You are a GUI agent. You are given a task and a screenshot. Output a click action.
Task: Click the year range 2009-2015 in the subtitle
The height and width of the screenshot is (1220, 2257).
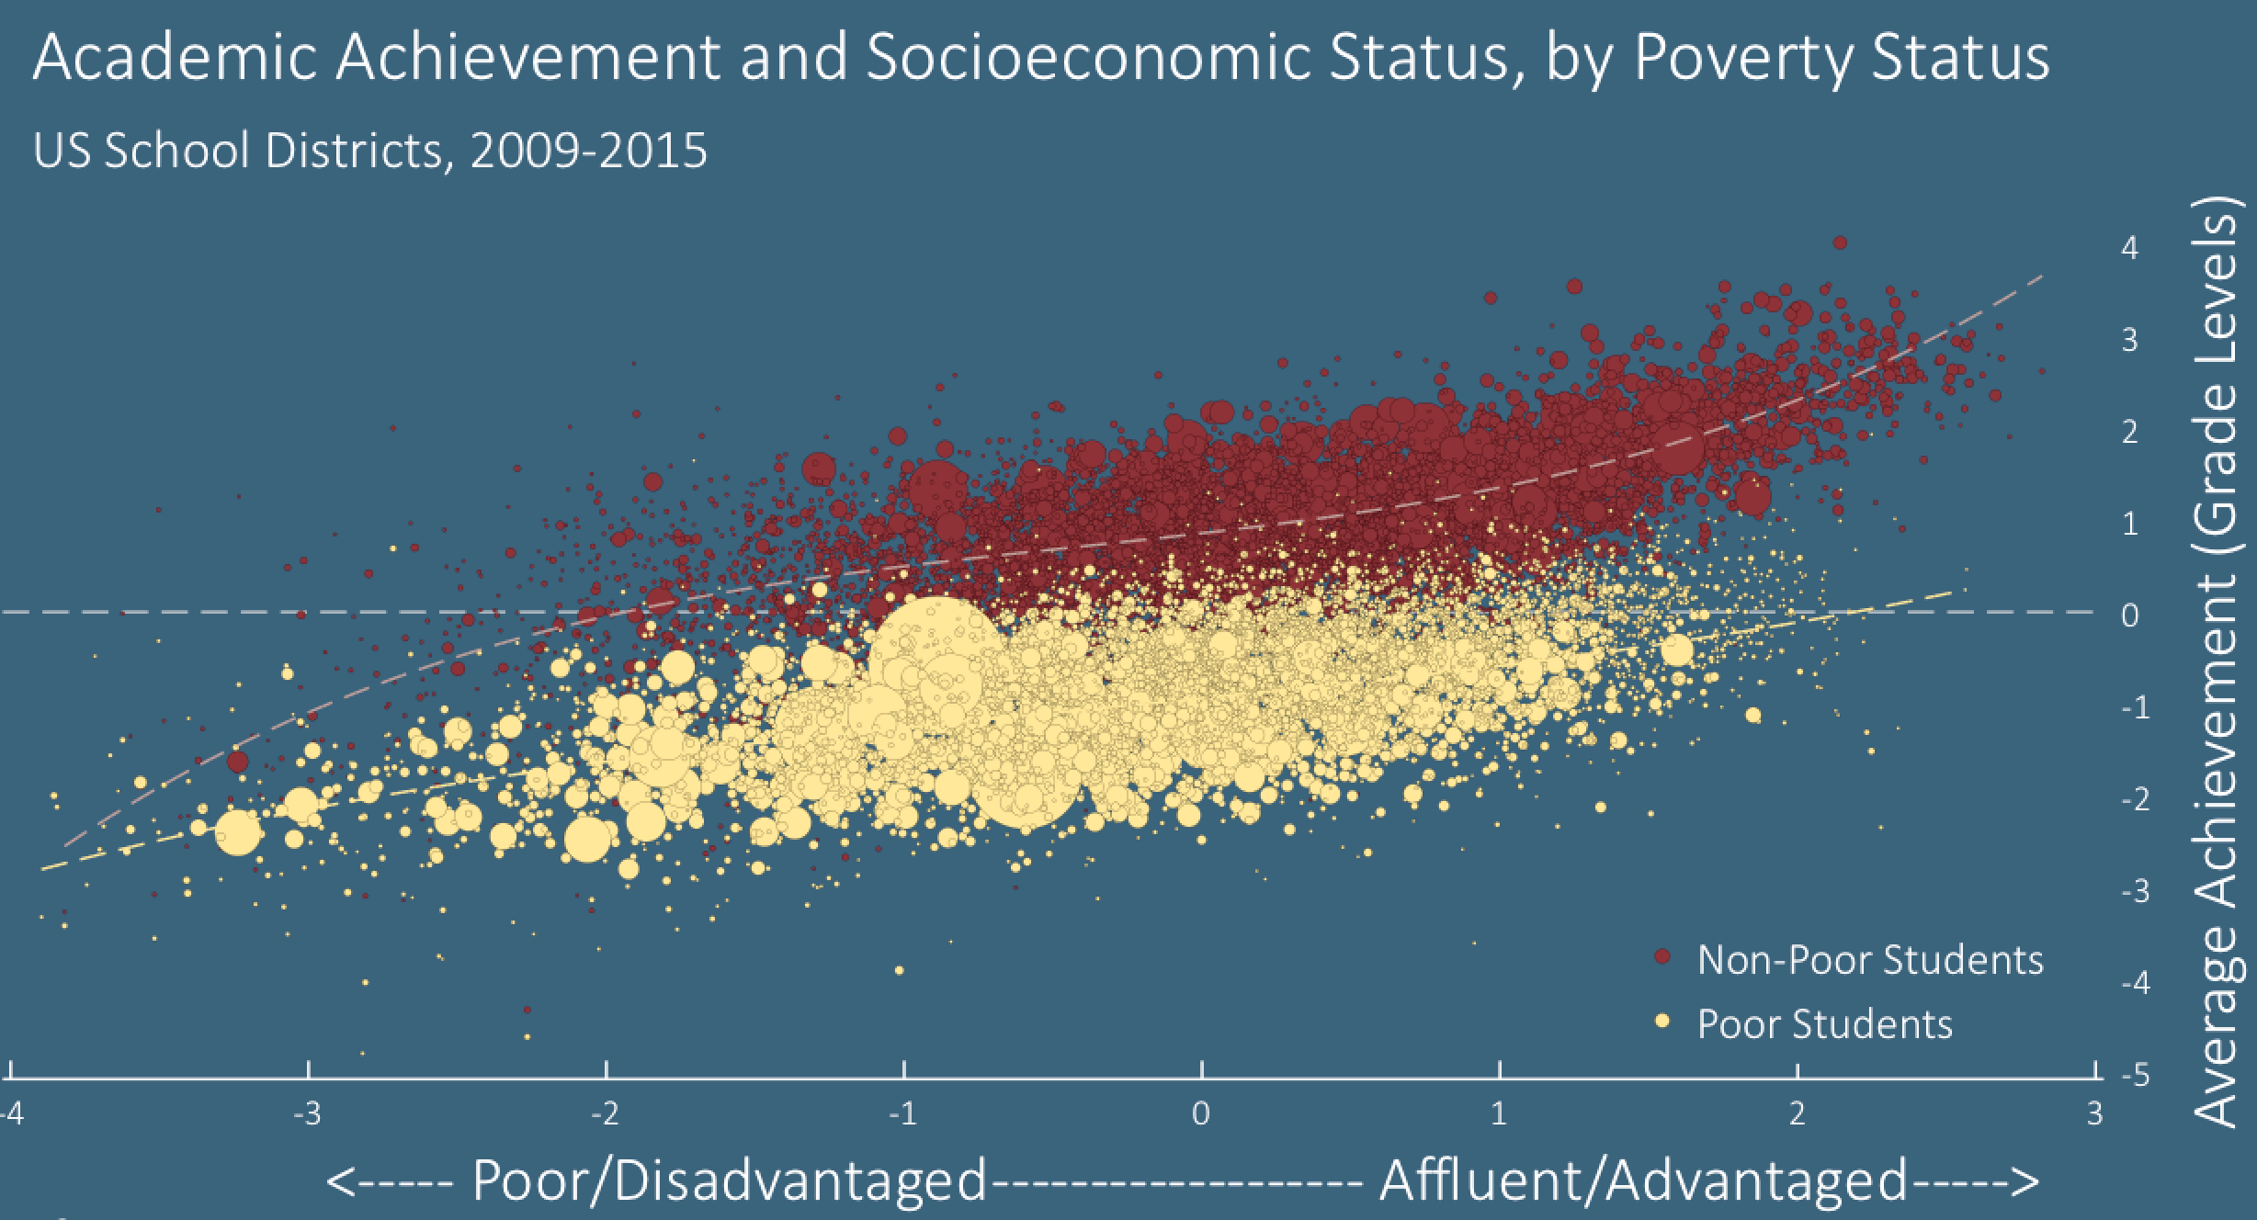[588, 150]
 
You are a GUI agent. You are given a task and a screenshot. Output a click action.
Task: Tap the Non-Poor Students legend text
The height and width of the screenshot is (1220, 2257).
[1870, 960]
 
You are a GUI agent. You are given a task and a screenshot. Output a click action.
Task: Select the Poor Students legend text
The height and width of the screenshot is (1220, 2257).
[1824, 1023]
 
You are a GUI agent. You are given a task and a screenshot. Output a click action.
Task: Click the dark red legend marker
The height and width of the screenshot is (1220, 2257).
[1662, 958]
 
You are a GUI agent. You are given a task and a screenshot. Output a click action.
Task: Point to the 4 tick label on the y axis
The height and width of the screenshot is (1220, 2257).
[2129, 248]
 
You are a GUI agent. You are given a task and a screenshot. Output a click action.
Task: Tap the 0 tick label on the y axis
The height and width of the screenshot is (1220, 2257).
[2129, 616]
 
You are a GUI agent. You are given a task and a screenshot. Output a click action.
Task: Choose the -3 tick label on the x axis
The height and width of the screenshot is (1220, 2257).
[307, 1114]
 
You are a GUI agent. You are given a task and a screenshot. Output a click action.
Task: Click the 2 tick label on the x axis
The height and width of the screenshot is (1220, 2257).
[1797, 1114]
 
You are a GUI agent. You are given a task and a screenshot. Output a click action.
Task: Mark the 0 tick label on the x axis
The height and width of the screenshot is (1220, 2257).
[1200, 1114]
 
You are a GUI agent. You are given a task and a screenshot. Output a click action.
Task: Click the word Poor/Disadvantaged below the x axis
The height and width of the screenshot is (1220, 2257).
[729, 1180]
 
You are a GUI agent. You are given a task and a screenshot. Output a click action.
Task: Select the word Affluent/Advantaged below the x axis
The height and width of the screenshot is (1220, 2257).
[1643, 1180]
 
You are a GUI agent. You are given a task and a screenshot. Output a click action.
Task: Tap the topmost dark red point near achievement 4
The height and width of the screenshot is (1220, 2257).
[1840, 243]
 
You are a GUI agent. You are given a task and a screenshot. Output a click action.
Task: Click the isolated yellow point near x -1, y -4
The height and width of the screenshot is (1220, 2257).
[899, 970]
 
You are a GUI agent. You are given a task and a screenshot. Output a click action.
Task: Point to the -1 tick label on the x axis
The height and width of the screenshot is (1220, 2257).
[902, 1114]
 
